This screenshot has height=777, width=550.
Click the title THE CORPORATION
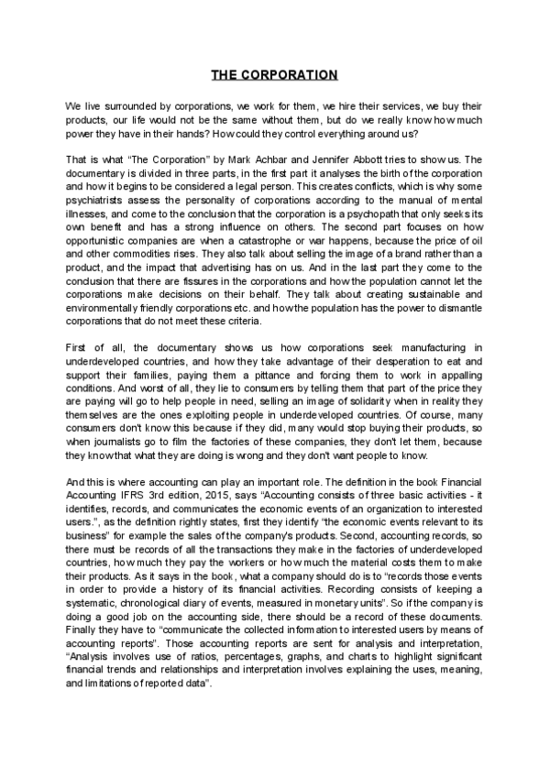point(275,74)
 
